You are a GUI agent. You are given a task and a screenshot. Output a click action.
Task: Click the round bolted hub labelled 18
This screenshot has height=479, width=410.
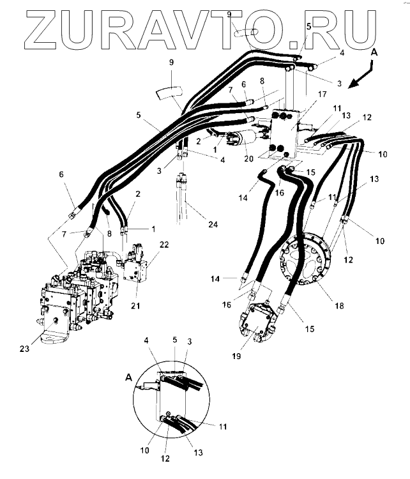point(306,262)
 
